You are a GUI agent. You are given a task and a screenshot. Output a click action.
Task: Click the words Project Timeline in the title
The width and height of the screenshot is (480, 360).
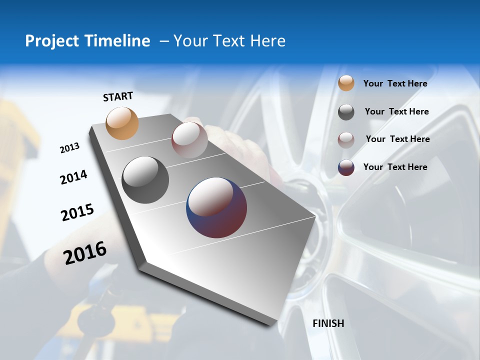pyautogui.click(x=87, y=41)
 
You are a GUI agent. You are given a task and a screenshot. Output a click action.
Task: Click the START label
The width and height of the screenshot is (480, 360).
pyautogui.click(x=118, y=96)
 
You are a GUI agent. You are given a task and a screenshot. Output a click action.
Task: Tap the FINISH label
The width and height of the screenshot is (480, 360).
pyautogui.click(x=328, y=323)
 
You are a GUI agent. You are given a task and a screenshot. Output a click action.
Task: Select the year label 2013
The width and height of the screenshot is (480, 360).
pyautogui.click(x=70, y=148)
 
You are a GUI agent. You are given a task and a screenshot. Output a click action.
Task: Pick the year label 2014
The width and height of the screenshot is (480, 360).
pyautogui.click(x=74, y=177)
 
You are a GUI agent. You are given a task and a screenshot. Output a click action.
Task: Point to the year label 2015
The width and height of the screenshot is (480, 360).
pyautogui.click(x=77, y=212)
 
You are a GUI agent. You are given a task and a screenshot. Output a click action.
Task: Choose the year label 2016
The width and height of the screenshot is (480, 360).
pyautogui.click(x=85, y=252)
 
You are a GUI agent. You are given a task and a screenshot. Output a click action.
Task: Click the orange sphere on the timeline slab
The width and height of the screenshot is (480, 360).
pyautogui.click(x=122, y=123)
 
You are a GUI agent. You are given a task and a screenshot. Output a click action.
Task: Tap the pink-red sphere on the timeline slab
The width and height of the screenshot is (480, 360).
pyautogui.click(x=189, y=140)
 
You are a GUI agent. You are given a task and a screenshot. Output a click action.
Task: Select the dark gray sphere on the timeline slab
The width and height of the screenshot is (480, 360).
pyautogui.click(x=145, y=180)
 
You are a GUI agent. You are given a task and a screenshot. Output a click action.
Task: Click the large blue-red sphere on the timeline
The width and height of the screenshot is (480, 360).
pyautogui.click(x=216, y=207)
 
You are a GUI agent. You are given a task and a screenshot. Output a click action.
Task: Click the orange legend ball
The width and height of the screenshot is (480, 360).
pyautogui.click(x=346, y=83)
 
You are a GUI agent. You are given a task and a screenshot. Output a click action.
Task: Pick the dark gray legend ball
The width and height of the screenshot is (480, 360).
pyautogui.click(x=346, y=112)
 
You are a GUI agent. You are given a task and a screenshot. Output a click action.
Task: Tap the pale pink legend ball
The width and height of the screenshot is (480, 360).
pyautogui.click(x=346, y=139)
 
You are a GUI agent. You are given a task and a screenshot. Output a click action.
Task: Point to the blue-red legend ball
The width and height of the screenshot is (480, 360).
pyautogui.click(x=346, y=167)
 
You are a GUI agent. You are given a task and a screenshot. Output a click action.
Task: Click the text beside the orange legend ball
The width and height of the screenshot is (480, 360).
pyautogui.click(x=395, y=83)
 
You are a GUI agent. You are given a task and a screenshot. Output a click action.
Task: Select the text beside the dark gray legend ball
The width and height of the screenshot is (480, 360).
pyautogui.click(x=396, y=111)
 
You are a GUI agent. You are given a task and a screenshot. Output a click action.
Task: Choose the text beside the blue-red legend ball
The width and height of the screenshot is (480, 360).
pyautogui.click(x=395, y=167)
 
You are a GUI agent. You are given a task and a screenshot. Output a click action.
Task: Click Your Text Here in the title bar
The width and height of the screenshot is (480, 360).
pyautogui.click(x=229, y=41)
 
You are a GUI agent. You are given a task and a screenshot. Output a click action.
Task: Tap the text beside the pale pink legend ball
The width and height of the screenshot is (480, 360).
pyautogui.click(x=397, y=139)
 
